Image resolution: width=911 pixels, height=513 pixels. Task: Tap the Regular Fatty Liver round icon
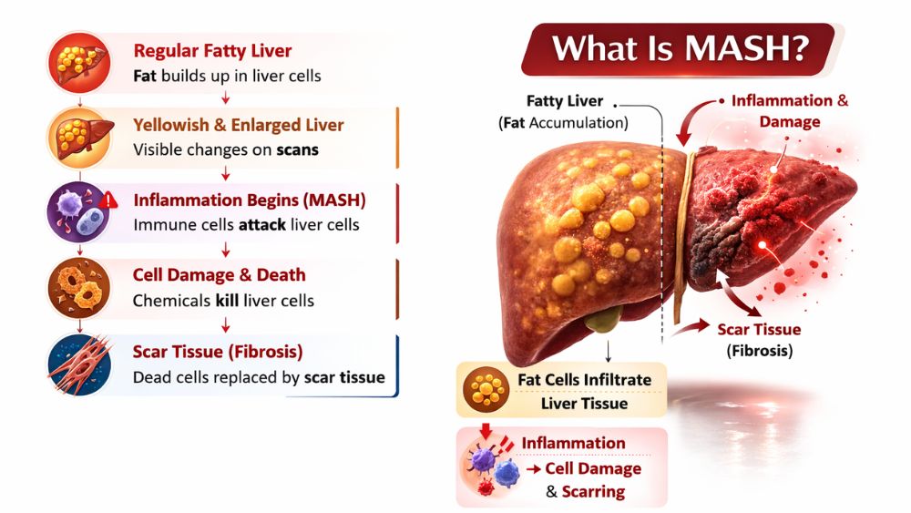(x=79, y=63)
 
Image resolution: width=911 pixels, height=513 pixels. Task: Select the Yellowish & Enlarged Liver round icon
(x=79, y=138)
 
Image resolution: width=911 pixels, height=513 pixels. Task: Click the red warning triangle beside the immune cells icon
(x=108, y=201)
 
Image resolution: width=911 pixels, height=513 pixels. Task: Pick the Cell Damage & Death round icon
(x=79, y=288)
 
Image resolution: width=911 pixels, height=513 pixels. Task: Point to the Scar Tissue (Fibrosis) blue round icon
(x=79, y=364)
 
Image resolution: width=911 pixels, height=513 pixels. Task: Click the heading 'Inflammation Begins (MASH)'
(x=250, y=200)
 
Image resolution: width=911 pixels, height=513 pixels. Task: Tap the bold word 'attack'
(x=262, y=225)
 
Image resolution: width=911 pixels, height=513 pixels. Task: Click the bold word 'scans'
(x=298, y=150)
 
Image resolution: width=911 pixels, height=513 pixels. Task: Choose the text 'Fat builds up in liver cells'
(x=227, y=77)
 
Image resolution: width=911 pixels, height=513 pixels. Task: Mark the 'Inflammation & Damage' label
(x=790, y=111)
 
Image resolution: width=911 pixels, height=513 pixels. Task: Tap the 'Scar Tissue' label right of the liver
(x=759, y=330)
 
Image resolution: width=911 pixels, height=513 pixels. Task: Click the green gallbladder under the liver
(x=604, y=319)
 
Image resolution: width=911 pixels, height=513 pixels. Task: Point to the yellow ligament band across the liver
(x=682, y=238)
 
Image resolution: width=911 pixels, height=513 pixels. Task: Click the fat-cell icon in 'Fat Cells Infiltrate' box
(x=486, y=390)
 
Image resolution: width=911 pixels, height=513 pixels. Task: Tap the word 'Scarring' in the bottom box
(x=593, y=492)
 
